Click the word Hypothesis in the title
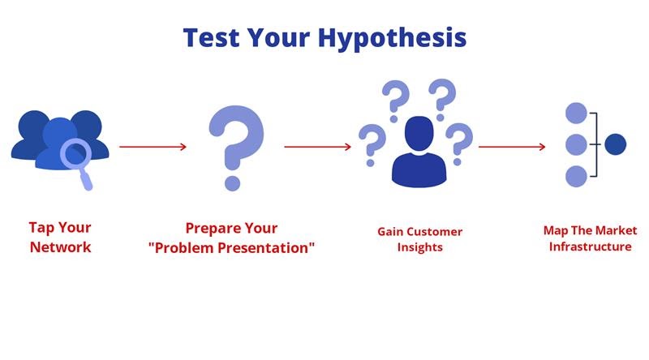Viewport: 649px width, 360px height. pos(393,38)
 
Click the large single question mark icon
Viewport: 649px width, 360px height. pos(236,148)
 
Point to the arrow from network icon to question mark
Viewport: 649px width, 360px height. pos(153,147)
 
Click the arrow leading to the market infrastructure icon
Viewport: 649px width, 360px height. pos(512,147)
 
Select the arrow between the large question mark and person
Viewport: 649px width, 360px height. pos(317,147)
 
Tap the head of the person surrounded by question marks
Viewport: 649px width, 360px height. pos(419,133)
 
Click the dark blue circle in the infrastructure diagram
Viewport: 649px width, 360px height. pos(615,144)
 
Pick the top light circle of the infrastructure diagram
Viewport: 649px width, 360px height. pos(576,113)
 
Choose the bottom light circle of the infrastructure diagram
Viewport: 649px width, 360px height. pos(576,176)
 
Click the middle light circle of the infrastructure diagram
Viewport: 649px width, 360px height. pos(576,144)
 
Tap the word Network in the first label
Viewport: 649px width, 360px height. pos(60,247)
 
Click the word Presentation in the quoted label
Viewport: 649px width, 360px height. pos(269,247)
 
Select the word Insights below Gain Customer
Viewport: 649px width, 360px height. pos(419,247)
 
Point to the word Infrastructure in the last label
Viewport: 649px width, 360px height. pos(591,246)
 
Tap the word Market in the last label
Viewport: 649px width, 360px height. pos(617,230)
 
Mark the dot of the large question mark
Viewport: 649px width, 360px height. pos(232,183)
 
